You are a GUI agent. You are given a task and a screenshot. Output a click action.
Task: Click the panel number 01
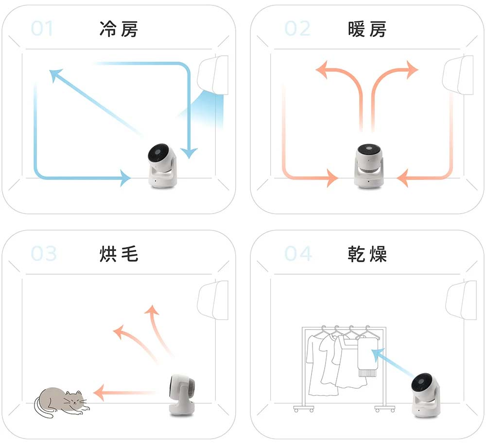(x=42, y=29)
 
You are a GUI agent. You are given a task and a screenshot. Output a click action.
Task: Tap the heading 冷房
(x=119, y=29)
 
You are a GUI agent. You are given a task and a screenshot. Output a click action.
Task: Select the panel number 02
(x=297, y=29)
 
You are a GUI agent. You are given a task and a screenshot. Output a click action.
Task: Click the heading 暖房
(x=367, y=29)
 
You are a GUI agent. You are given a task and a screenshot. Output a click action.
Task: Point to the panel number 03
(x=44, y=253)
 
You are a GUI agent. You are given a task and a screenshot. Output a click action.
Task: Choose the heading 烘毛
(x=119, y=253)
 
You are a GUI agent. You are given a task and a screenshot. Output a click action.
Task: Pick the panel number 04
(x=298, y=253)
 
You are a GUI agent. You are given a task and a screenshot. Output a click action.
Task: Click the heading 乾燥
(x=367, y=253)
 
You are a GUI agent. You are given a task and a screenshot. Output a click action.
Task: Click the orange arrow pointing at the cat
(x=124, y=392)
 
